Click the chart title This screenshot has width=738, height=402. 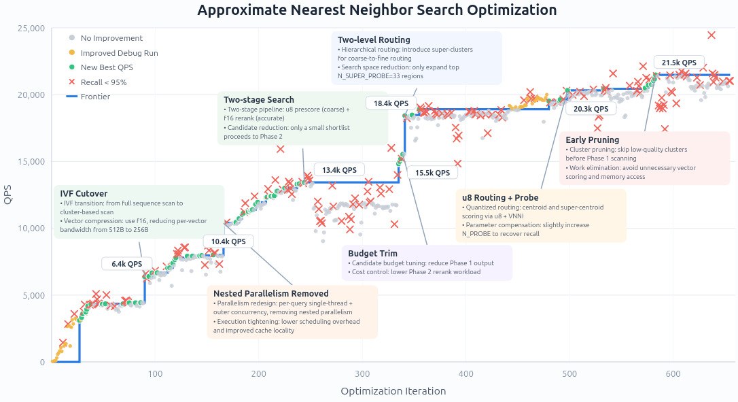pyautogui.click(x=376, y=10)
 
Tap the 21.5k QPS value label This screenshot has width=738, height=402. pyautogui.click(x=679, y=62)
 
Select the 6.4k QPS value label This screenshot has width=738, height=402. pyautogui.click(x=127, y=264)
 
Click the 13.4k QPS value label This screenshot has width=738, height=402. pyautogui.click(x=340, y=170)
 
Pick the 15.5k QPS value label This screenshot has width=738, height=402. pyautogui.click(x=432, y=173)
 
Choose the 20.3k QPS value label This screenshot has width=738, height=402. pyautogui.click(x=591, y=109)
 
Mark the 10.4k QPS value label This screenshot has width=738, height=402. pyautogui.click(x=228, y=241)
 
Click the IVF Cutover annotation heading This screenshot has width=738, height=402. pyautogui.click(x=84, y=193)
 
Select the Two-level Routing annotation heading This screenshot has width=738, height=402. pyautogui.click(x=374, y=39)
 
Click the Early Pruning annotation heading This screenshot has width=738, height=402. pyautogui.click(x=593, y=140)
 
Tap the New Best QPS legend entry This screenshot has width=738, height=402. pyautogui.click(x=107, y=67)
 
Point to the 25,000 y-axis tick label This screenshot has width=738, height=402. pyautogui.click(x=31, y=28)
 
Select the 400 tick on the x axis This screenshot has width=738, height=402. pyautogui.click(x=466, y=374)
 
